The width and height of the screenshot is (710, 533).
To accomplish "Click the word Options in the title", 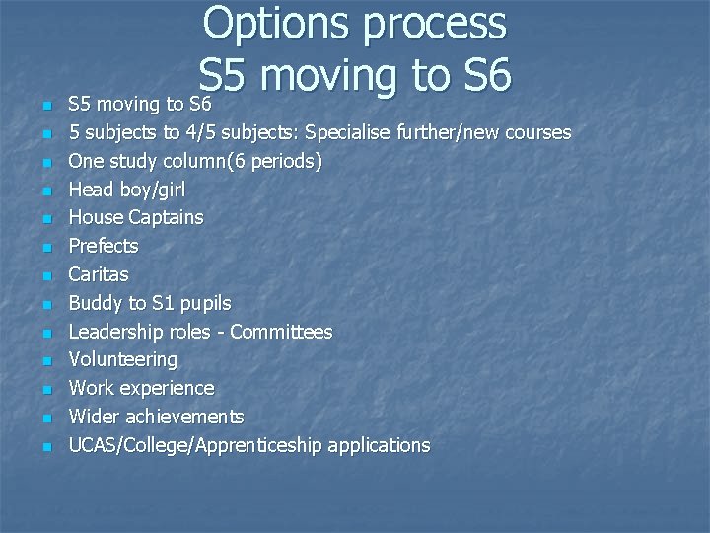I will coord(277,24).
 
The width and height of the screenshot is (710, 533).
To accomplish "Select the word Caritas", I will coord(98,274).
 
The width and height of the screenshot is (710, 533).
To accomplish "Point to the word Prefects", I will coord(103,246).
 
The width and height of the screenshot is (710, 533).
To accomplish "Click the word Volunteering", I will coord(122,360).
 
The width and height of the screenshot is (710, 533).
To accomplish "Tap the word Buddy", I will coord(96,303).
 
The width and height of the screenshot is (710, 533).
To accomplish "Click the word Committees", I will coord(281,332).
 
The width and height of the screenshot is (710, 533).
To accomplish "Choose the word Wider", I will coord(94,417).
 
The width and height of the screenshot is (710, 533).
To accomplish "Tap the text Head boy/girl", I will coord(126,189).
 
